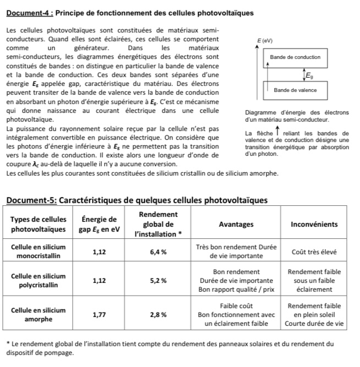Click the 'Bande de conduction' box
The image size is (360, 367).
pos(295,57)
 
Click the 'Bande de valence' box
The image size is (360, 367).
pos(295,90)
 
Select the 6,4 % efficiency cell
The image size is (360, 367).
pos(159,251)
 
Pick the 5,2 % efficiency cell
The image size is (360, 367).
pos(159,280)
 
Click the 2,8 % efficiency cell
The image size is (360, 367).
pos(159,314)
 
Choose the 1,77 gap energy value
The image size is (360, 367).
pos(100,314)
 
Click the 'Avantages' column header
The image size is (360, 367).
pos(236,224)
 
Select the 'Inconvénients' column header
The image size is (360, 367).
pos(314,224)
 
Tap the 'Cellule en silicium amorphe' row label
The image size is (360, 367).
pos(39,314)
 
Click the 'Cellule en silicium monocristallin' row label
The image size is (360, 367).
pos(39,251)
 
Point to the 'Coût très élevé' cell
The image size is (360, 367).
pos(314,251)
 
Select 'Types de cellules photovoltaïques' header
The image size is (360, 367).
pos(39,224)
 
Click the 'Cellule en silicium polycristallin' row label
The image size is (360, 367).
pos(39,280)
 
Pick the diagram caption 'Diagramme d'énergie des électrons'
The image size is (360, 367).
pos(297,112)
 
